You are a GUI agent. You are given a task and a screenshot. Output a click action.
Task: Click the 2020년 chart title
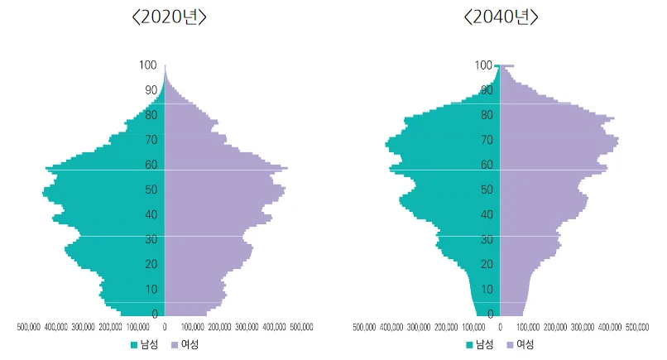pyautogui.click(x=170, y=17)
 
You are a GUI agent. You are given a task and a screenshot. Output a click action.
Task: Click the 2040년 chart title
pyautogui.click(x=501, y=17)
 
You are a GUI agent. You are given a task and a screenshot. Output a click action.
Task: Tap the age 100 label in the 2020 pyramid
pyautogui.click(x=147, y=65)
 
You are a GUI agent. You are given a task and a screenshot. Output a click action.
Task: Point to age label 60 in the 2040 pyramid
pyautogui.click(x=487, y=165)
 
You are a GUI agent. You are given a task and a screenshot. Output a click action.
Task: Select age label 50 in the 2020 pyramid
pyautogui.click(x=151, y=190)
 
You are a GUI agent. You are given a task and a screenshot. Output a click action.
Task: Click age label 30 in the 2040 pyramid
pyautogui.click(x=487, y=239)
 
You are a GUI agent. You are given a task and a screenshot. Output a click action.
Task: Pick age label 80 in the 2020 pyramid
pyautogui.click(x=151, y=115)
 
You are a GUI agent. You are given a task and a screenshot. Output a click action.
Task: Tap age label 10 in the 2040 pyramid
pyautogui.click(x=487, y=290)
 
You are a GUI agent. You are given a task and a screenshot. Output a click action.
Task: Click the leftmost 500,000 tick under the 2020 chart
pyautogui.click(x=28, y=327)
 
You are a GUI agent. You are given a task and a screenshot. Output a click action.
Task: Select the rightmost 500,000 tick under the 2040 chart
pyautogui.click(x=637, y=327)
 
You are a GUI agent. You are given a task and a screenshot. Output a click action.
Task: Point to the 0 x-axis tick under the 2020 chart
pyautogui.click(x=165, y=327)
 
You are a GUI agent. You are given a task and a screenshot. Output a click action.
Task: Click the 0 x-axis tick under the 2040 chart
pyautogui.click(x=500, y=327)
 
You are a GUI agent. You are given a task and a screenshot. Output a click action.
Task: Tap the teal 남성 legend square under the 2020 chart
pyautogui.click(x=134, y=345)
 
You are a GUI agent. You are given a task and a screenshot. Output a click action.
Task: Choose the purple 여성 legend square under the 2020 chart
pyautogui.click(x=175, y=345)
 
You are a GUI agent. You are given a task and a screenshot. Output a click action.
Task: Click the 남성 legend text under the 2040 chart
pyautogui.click(x=484, y=344)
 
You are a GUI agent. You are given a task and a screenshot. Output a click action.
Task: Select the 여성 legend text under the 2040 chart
pyautogui.click(x=525, y=344)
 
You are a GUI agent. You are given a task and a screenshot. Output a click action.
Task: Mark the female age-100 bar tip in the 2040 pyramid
pyautogui.click(x=514, y=65)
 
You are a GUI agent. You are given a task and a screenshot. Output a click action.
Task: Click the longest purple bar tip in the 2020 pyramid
pyautogui.click(x=287, y=169)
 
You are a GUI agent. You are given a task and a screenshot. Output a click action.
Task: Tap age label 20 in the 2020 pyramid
pyautogui.click(x=151, y=264)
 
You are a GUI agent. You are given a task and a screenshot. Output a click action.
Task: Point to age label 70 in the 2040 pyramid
pyautogui.click(x=487, y=140)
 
